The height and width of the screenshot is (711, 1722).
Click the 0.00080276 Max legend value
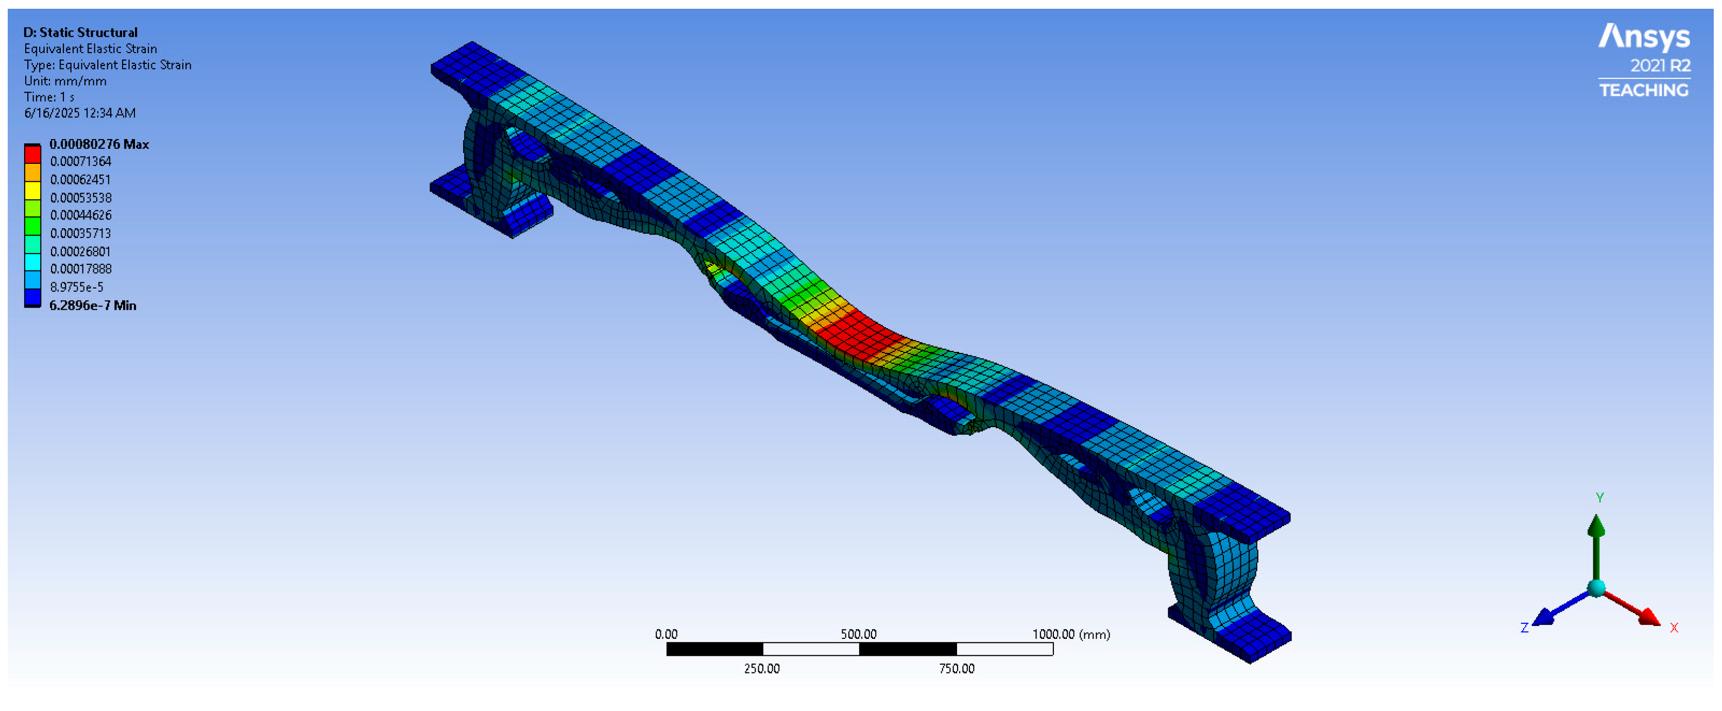(99, 144)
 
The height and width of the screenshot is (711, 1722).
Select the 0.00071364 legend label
(80, 161)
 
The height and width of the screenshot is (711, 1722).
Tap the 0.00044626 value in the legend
(80, 215)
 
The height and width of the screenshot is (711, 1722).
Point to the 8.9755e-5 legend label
(76, 287)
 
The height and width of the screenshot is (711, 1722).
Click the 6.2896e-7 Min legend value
(93, 305)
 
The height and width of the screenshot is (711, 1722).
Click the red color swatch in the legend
(32, 155)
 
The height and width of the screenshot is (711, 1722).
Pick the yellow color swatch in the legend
(32, 191)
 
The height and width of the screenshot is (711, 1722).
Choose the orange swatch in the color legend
(32, 173)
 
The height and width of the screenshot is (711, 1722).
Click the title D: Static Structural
(80, 32)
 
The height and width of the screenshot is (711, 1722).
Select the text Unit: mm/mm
(65, 81)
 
